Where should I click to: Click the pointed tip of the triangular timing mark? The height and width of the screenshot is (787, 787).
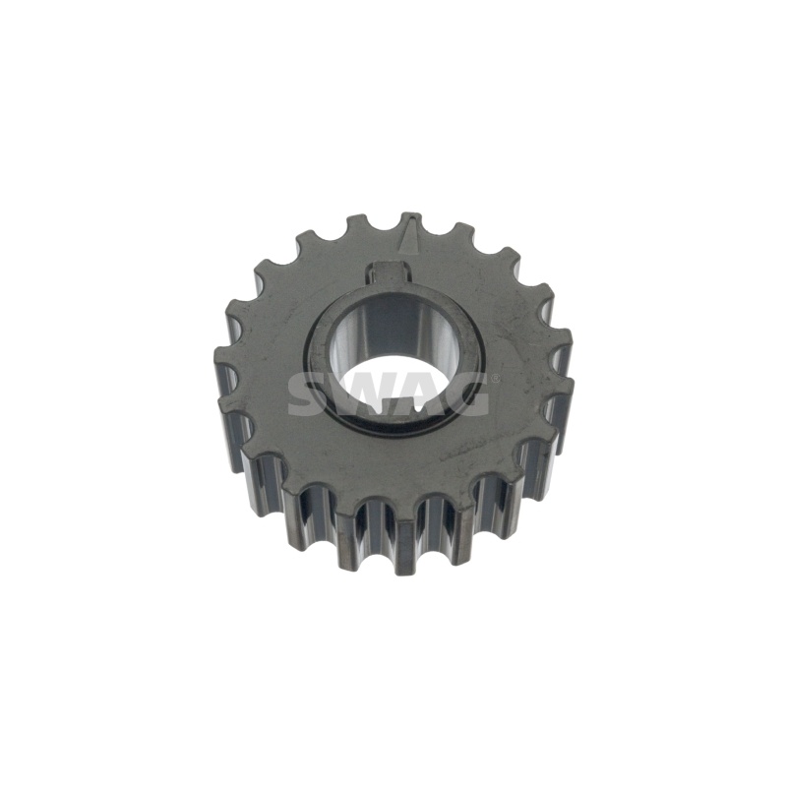[411, 219]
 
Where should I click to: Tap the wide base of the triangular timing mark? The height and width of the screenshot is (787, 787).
[410, 250]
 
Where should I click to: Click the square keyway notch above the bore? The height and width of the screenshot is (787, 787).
[390, 272]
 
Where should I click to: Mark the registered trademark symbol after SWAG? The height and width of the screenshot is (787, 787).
[495, 378]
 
